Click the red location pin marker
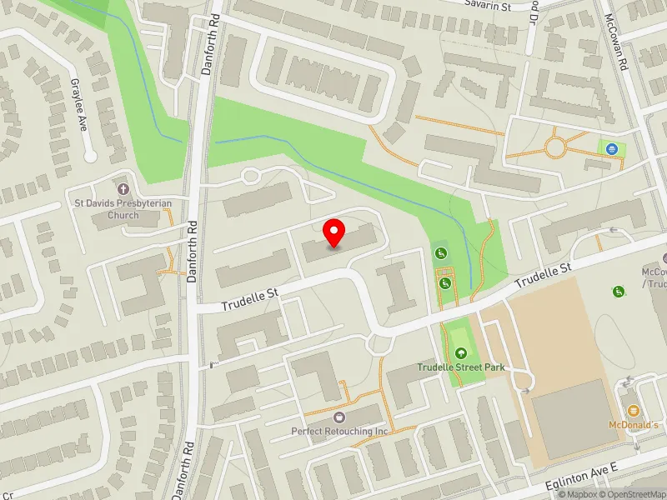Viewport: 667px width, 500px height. pyautogui.click(x=334, y=232)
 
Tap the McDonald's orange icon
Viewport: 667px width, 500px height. pyautogui.click(x=633, y=410)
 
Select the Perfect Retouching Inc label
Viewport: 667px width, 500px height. pyautogui.click(x=339, y=431)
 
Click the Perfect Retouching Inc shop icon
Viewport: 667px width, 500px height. pyautogui.click(x=339, y=417)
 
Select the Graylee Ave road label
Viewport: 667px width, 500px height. pyautogui.click(x=79, y=105)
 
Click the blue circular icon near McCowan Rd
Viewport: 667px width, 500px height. pyautogui.click(x=612, y=148)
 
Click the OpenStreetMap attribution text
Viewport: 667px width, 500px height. pyautogui.click(x=634, y=494)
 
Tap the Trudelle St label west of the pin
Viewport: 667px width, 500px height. pyautogui.click(x=248, y=299)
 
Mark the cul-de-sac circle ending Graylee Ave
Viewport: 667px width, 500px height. pyautogui.click(x=91, y=156)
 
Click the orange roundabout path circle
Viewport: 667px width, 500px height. pyautogui.click(x=556, y=148)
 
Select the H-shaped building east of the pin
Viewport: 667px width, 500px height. pyautogui.click(x=396, y=287)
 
